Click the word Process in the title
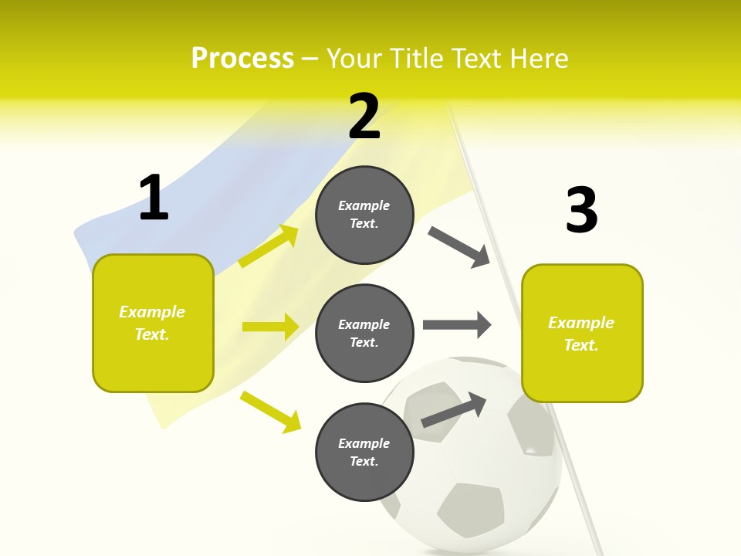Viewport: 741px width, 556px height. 242,59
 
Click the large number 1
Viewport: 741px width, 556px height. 154,198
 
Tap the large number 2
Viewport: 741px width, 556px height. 364,117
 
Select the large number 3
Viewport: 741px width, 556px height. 581,210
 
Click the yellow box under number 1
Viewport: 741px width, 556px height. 153,323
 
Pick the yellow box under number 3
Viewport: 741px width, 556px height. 582,334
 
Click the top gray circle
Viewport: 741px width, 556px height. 364,215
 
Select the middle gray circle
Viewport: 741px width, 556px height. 364,333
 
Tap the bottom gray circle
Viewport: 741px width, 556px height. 364,452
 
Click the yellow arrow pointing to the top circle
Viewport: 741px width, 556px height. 269,246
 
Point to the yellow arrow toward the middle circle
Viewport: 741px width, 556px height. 270,327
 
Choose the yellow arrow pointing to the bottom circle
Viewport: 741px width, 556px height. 270,412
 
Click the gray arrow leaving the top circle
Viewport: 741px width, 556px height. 458,246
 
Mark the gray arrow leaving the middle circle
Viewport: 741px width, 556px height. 456,324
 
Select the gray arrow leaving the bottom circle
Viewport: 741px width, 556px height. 454,410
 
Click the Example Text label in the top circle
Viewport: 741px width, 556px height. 364,215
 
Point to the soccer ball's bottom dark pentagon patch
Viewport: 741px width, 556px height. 469,509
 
